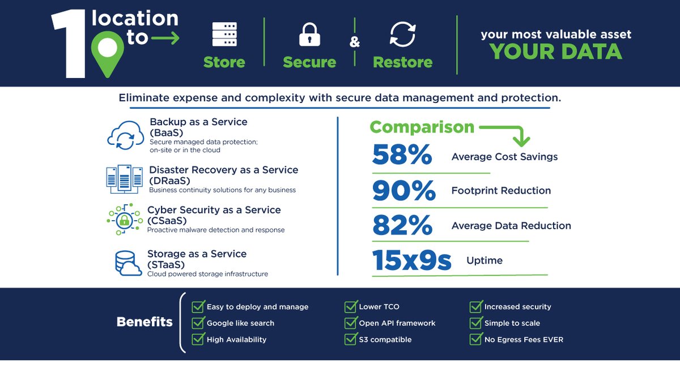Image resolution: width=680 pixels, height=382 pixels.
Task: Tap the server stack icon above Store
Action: [224, 34]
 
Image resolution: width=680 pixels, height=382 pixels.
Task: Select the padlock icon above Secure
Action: [309, 35]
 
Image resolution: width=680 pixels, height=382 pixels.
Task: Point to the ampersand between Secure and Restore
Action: [355, 42]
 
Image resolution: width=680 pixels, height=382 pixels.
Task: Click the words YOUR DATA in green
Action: [556, 51]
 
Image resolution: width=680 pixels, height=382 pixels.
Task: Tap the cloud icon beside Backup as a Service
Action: [125, 136]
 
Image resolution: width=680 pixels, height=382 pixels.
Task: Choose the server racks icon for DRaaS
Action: [125, 179]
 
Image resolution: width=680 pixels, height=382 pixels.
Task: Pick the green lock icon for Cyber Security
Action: [124, 219]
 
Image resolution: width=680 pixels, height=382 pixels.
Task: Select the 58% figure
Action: [402, 156]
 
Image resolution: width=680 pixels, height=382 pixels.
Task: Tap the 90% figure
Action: [403, 191]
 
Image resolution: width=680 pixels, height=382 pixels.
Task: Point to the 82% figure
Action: [402, 226]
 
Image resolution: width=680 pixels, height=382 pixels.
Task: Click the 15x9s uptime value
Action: [411, 260]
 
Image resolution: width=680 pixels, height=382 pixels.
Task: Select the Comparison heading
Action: [422, 127]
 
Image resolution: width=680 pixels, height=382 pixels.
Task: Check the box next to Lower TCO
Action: [351, 307]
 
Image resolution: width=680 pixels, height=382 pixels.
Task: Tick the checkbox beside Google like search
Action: [198, 323]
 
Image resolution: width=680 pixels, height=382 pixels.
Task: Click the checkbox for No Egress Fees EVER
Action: [476, 340]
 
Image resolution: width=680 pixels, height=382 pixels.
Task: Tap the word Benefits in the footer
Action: [144, 322]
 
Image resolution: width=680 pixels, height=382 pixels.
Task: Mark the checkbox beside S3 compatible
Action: [351, 340]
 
